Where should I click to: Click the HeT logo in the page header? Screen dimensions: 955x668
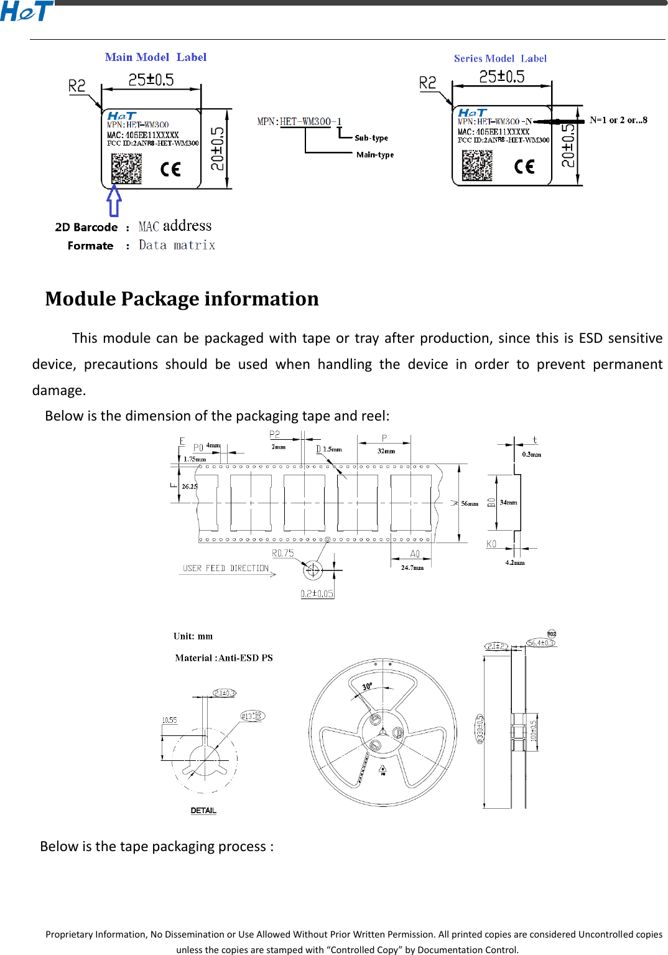coord(26,11)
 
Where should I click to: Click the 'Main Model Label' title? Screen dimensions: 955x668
coord(155,57)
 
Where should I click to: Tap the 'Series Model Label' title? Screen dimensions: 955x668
coord(500,58)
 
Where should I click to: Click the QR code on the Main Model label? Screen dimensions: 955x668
coord(126,169)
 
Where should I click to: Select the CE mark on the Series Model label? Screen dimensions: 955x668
coord(524,166)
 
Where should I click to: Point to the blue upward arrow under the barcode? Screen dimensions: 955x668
coord(114,200)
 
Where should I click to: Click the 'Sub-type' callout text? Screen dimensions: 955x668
coord(371,138)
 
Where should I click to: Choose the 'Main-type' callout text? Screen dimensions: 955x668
coord(375,155)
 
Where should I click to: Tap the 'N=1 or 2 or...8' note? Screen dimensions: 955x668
coord(618,120)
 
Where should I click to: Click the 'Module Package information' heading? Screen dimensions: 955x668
coord(182,299)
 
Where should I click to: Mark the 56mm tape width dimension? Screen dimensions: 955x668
coord(470,503)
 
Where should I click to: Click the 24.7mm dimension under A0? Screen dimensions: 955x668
coord(412,567)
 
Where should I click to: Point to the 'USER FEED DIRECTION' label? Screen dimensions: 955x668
coord(226,569)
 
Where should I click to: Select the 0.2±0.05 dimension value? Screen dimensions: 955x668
coord(317,594)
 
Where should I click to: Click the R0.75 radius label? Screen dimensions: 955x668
coord(283,553)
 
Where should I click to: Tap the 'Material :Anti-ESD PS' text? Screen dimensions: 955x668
coord(224,658)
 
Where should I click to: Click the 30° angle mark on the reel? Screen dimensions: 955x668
coord(368,686)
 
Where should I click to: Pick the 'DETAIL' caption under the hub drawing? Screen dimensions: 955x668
coord(203,811)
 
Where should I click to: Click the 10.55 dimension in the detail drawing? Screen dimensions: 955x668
coord(169,720)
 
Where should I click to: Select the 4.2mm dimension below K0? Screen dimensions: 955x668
coord(514,562)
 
